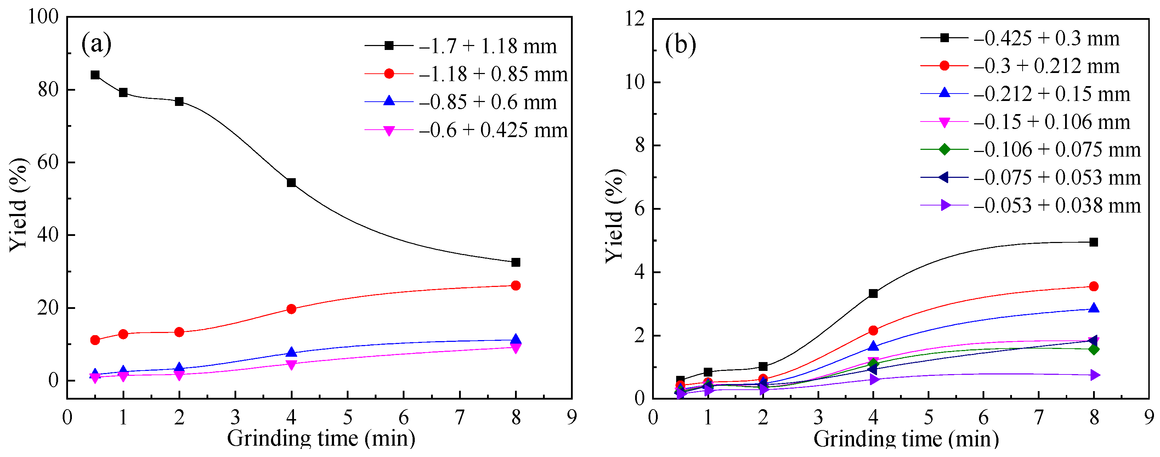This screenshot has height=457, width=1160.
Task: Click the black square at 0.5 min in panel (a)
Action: [x=95, y=75]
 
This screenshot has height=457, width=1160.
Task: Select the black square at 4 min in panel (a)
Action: [x=292, y=182]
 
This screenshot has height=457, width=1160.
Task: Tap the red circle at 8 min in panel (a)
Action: [x=516, y=286]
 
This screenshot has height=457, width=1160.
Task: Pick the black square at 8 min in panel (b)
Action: [x=1094, y=242]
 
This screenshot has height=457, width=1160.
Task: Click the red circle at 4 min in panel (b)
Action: [x=873, y=331]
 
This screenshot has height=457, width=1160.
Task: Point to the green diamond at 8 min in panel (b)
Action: [x=1094, y=349]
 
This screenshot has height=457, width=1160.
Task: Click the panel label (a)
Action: [x=96, y=44]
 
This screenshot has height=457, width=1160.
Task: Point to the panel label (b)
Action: [x=680, y=45]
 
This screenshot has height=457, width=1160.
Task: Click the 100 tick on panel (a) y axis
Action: [x=43, y=17]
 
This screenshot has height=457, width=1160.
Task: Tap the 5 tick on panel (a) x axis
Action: [x=347, y=417]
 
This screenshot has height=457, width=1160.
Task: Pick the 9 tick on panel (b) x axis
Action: [x=1149, y=417]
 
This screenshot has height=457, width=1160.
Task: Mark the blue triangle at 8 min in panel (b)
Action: [x=1094, y=309]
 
